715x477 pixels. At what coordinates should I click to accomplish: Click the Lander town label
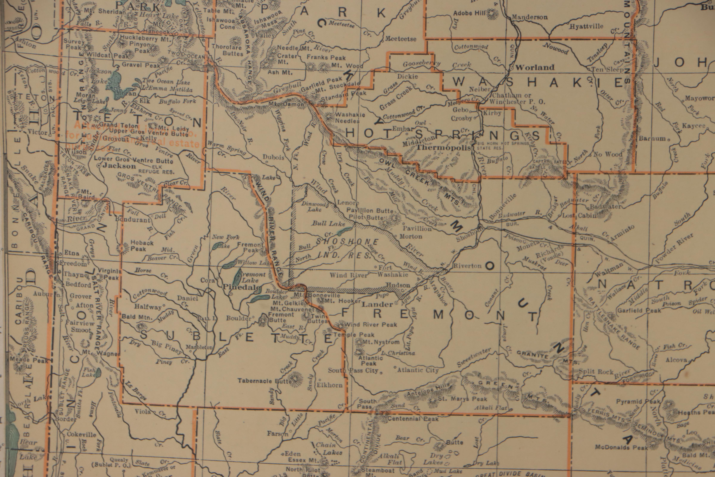click(377, 304)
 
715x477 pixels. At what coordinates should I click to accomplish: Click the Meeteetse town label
click(401, 39)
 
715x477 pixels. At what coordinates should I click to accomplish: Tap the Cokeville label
click(81, 435)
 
